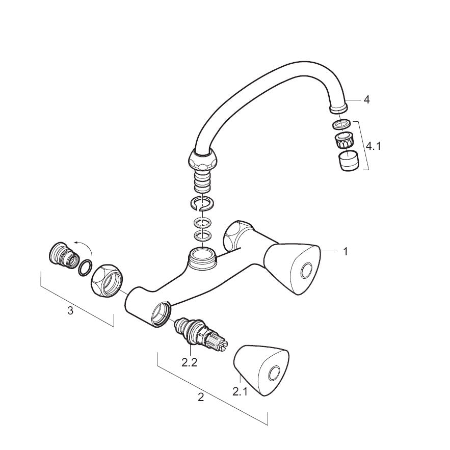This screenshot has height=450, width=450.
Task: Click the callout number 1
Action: click(346, 252)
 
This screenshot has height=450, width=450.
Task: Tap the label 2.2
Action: click(190, 363)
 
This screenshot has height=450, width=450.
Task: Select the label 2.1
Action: click(240, 391)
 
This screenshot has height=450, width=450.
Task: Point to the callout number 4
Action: click(366, 100)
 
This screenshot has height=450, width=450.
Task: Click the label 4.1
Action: click(374, 146)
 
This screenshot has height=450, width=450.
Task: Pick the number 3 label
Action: click(70, 310)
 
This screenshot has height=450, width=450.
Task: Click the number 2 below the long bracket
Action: click(201, 397)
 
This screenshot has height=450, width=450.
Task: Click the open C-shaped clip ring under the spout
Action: click(202, 203)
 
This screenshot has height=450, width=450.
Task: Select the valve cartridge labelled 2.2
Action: click(201, 335)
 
